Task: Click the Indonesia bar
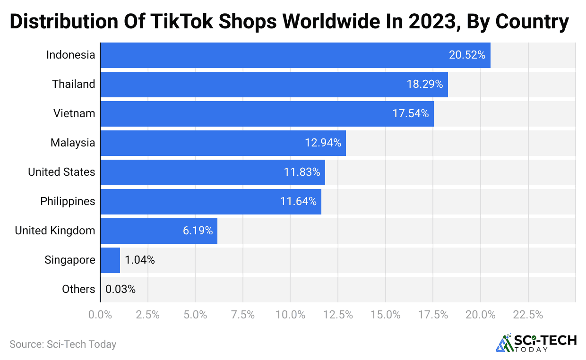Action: point(295,55)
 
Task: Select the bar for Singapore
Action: point(110,260)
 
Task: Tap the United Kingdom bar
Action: point(159,231)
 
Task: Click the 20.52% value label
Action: point(467,55)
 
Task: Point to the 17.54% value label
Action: point(411,113)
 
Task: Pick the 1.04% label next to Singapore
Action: point(140,260)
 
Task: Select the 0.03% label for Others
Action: point(121,289)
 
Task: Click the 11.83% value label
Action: point(302,172)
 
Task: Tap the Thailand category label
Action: point(74,84)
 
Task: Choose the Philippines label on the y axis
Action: point(68,201)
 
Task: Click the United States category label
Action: point(61,172)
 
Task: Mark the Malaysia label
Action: point(73,143)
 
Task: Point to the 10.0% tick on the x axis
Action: point(290,315)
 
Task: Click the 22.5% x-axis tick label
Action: point(527,315)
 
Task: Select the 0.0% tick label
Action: point(100,315)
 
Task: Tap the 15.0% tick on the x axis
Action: point(385,315)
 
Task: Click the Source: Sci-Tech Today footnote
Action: point(63,344)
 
